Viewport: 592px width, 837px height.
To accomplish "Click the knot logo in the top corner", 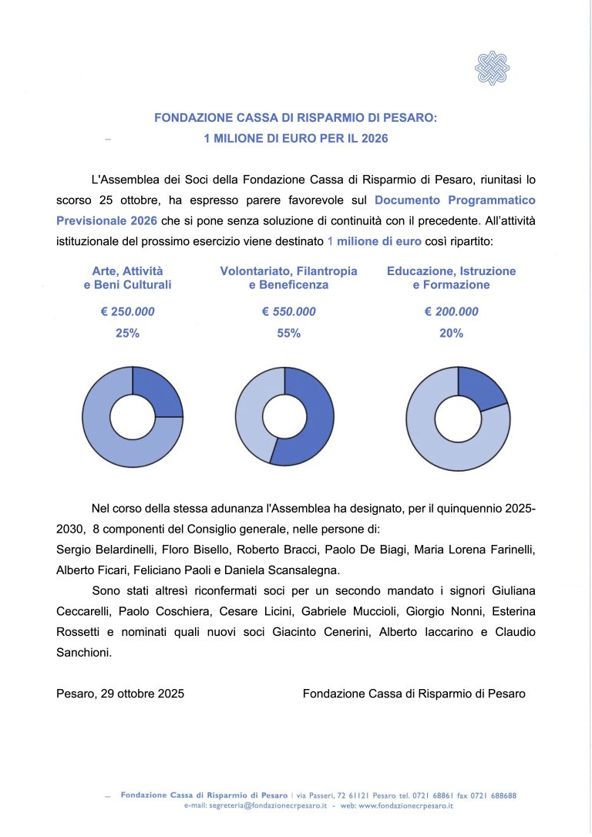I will click(492, 68).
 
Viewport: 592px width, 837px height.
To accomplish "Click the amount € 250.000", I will click(128, 312).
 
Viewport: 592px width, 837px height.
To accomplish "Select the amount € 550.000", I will click(289, 312).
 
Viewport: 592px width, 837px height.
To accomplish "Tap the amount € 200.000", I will click(452, 312).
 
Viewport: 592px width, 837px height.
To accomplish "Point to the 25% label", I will click(128, 334).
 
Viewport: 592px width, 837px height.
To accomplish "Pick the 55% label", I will click(289, 334).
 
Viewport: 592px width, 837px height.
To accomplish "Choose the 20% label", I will click(452, 334).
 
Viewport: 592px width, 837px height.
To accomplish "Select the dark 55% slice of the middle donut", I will click(312, 420).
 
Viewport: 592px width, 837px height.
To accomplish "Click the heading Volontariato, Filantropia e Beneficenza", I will click(288, 278).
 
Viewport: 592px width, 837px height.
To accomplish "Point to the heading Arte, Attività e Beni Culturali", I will click(127, 278).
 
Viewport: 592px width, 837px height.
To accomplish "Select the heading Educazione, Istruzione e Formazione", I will click(452, 278).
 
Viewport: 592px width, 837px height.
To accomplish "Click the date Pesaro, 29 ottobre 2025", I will click(120, 694).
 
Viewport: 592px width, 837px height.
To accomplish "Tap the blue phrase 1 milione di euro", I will click(375, 241).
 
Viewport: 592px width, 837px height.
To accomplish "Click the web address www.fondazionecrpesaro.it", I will click(405, 805).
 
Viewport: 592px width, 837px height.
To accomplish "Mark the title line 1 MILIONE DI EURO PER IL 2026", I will click(295, 139).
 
